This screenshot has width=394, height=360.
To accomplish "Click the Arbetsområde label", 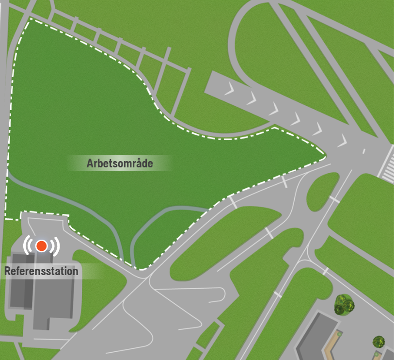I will (x=120, y=163).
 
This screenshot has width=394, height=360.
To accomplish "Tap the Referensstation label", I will (x=42, y=271).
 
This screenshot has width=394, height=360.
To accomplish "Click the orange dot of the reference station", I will (x=42, y=246).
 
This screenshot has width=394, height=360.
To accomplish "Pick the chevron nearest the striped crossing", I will (x=343, y=141).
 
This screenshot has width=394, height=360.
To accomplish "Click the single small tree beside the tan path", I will (x=378, y=342).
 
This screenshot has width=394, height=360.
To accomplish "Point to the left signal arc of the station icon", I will (x=27, y=246).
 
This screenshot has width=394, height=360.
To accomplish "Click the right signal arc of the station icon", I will (x=56, y=246).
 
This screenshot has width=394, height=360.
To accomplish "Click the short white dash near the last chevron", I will (x=364, y=151).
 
